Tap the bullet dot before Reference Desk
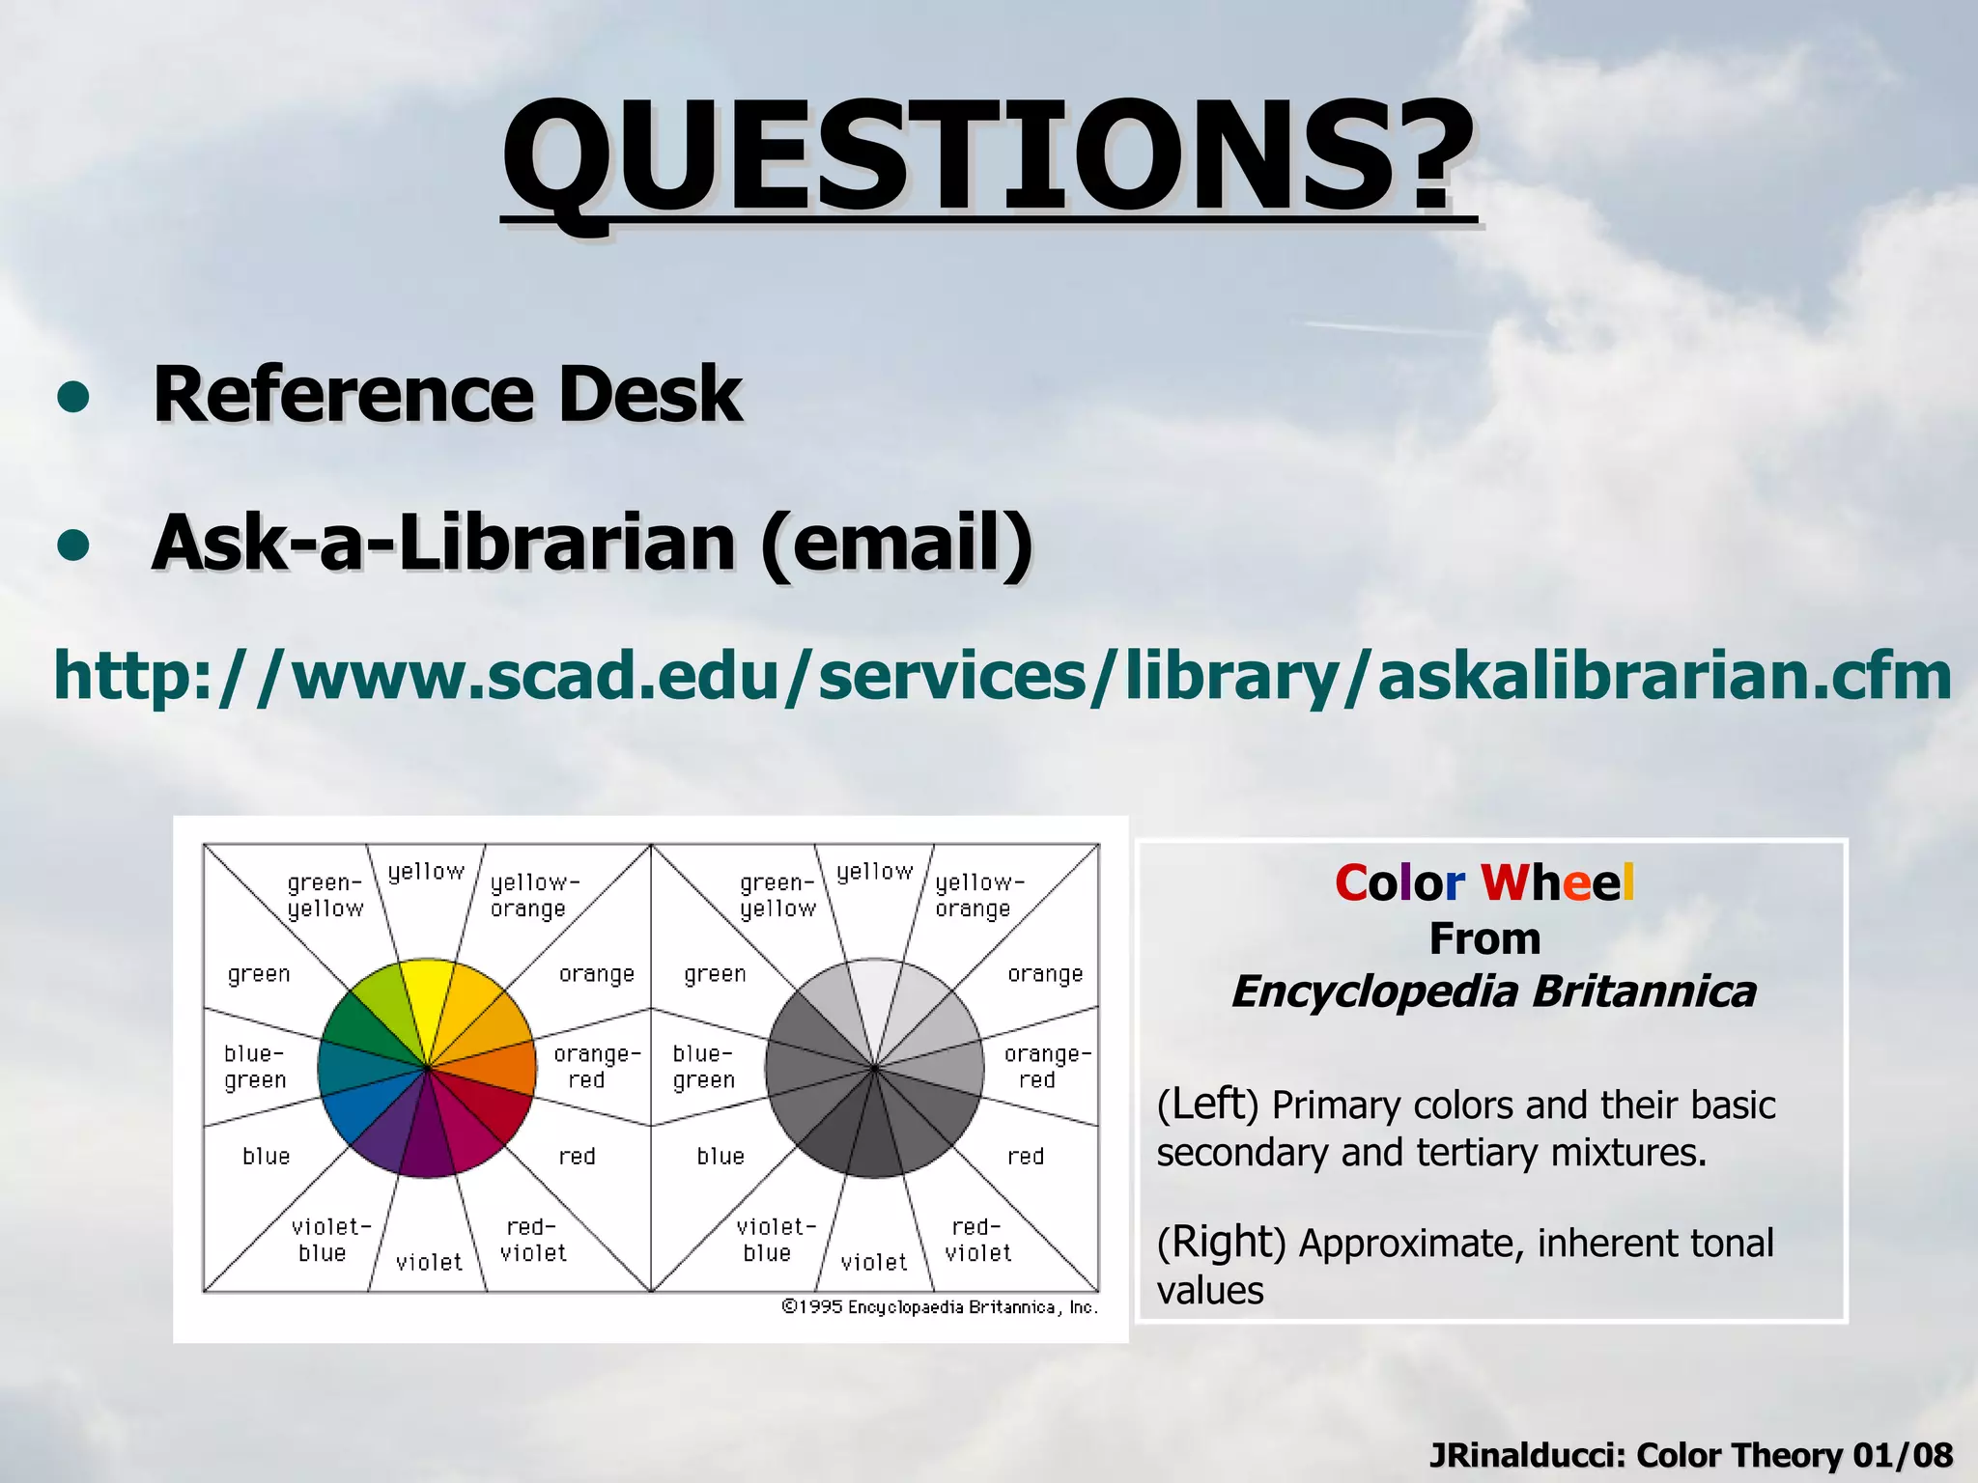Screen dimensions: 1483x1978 (x=73, y=398)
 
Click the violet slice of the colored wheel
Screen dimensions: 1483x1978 (x=427, y=1134)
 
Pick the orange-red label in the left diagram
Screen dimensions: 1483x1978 (x=595, y=1067)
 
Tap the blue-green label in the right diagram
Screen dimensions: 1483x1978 (x=703, y=1067)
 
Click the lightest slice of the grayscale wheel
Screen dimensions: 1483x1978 (x=873, y=999)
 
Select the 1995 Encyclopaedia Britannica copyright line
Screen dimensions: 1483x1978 (x=939, y=1307)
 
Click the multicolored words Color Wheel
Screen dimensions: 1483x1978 (x=1484, y=882)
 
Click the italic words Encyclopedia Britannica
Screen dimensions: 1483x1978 (x=1493, y=992)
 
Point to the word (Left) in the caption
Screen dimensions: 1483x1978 (x=1207, y=1105)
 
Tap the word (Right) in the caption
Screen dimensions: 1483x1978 (x=1221, y=1243)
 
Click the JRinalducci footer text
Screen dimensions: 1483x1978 (x=1690, y=1454)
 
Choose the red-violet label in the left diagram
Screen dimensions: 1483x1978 (x=533, y=1240)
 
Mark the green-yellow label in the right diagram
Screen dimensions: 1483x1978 (x=777, y=895)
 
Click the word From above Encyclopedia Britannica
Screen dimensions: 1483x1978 (x=1484, y=938)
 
